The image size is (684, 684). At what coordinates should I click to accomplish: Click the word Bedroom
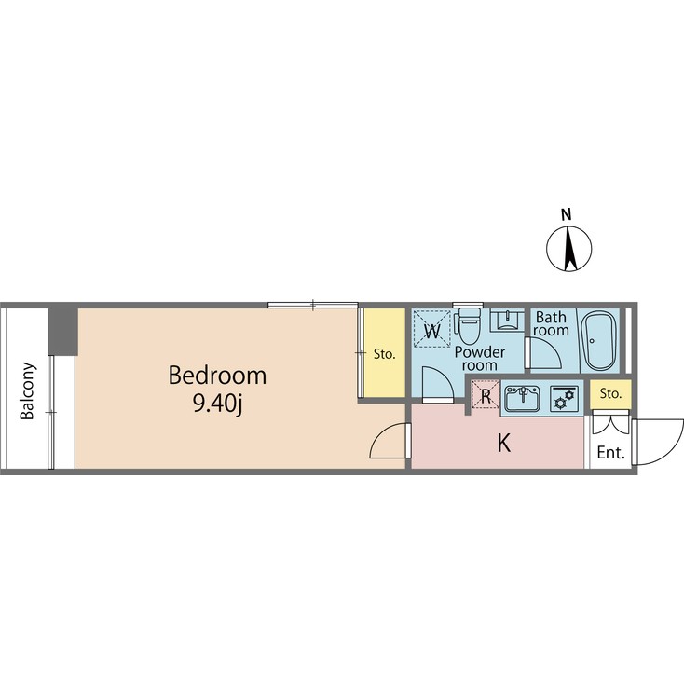[217, 376]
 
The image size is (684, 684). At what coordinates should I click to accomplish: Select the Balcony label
[29, 391]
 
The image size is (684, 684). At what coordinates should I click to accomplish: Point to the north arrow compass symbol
[568, 250]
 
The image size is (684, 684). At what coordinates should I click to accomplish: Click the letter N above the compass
[567, 215]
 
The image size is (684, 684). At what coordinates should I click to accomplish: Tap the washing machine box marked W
[431, 329]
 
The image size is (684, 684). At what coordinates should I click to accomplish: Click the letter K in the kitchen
[503, 444]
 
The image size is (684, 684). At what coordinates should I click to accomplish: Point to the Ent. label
[610, 454]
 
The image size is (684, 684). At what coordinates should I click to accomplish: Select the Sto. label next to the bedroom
[384, 354]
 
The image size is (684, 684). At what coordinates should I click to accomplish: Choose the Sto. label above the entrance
[611, 394]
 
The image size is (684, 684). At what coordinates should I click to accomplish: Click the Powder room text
[480, 359]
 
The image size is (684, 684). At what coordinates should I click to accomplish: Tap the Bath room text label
[551, 323]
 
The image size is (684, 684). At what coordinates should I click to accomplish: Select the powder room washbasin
[504, 320]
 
